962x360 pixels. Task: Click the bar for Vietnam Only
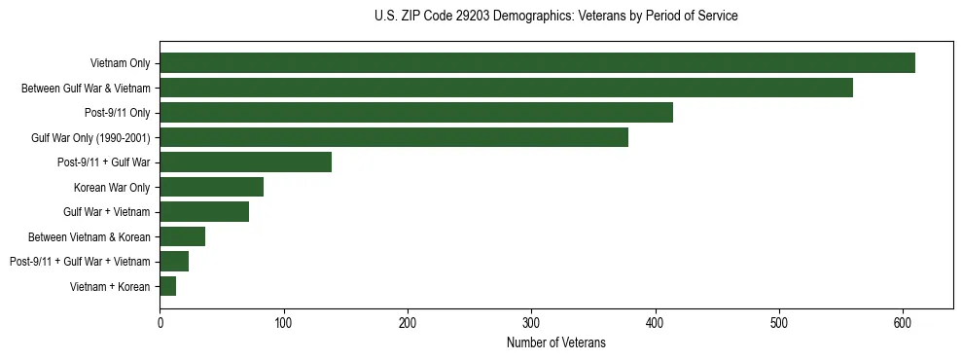(x=537, y=63)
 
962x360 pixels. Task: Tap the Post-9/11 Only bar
(x=416, y=113)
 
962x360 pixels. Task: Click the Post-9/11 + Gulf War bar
(x=245, y=162)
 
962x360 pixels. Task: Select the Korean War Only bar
(x=211, y=187)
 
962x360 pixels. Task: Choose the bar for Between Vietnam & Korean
(x=182, y=236)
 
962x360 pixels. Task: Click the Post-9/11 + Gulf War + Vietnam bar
(x=174, y=261)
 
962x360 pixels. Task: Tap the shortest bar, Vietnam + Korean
(x=167, y=286)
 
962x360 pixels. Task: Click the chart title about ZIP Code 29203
(x=555, y=17)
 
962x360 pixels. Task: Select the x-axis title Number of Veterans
(x=555, y=342)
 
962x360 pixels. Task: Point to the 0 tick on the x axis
(x=160, y=323)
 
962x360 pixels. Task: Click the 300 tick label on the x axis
(x=531, y=323)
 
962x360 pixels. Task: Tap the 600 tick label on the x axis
(x=903, y=323)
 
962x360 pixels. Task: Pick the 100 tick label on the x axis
(x=283, y=323)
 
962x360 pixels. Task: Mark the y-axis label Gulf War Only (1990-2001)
(x=90, y=137)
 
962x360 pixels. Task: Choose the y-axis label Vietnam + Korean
(x=110, y=286)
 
